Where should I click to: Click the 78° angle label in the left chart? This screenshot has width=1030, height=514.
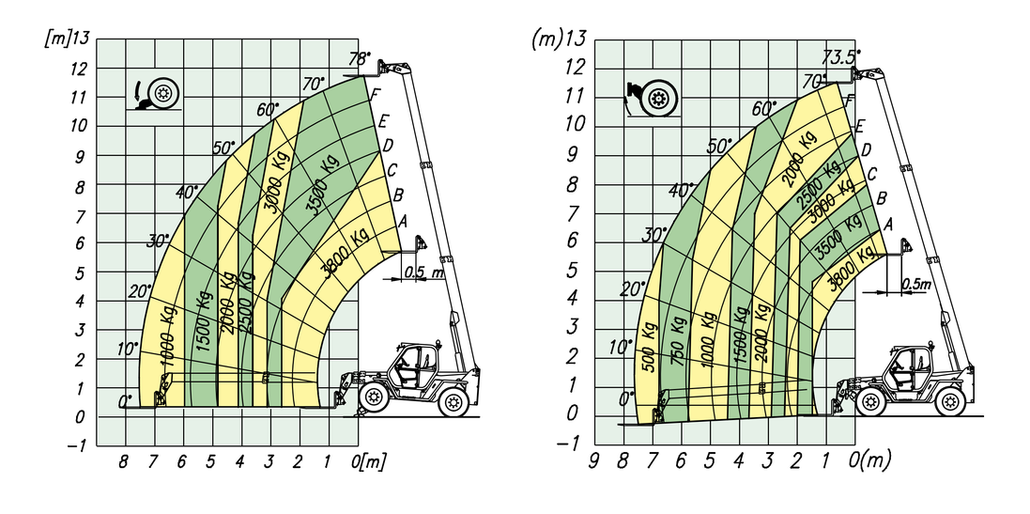[360, 59]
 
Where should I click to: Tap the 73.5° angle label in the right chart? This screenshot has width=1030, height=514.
[841, 57]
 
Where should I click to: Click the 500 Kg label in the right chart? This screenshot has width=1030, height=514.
[650, 348]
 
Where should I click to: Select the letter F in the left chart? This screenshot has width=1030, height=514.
[375, 95]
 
